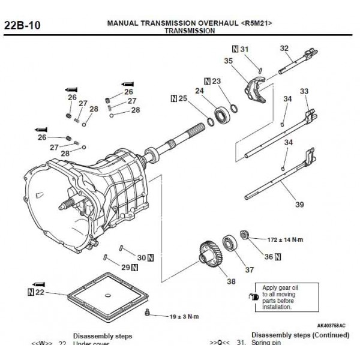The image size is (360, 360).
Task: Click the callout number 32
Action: pos(284,49)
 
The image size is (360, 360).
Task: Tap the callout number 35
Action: pos(229,61)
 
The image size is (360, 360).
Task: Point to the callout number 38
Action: pos(230,281)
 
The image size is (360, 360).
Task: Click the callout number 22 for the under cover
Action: pos(40,292)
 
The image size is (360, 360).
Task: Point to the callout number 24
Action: pos(199,91)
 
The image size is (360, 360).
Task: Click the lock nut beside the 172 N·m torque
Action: pos(244,233)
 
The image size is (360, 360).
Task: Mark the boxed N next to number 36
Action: pos(279,257)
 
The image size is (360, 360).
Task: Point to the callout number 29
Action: pos(125,267)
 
